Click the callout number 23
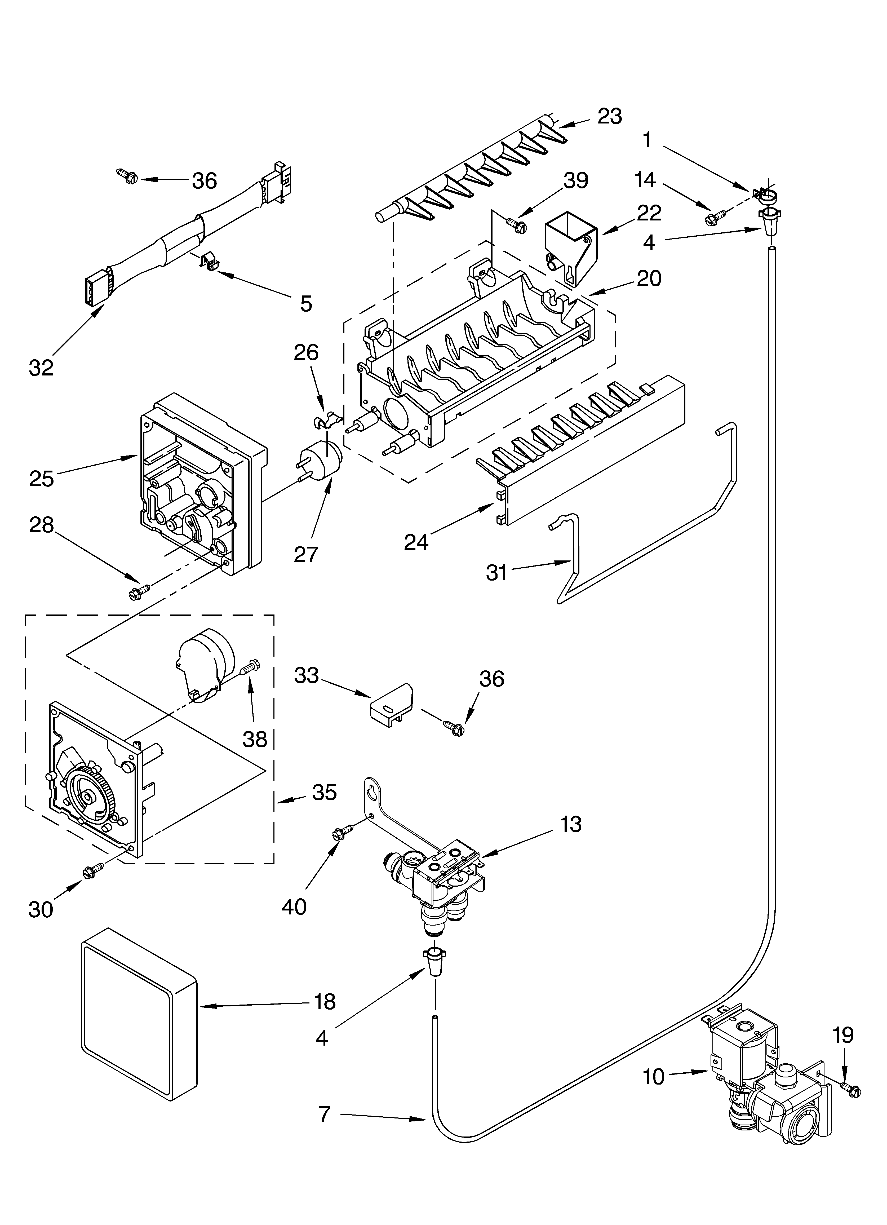click(609, 116)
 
